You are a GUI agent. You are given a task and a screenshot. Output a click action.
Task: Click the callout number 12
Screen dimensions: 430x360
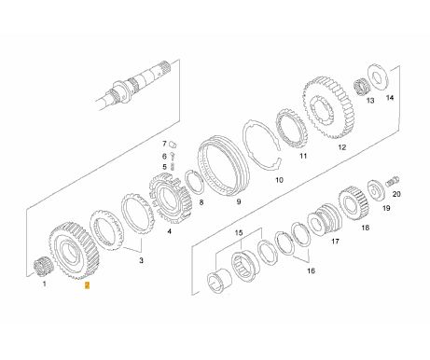click(x=341, y=147)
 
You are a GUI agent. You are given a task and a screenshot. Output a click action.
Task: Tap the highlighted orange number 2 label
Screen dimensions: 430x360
click(x=88, y=285)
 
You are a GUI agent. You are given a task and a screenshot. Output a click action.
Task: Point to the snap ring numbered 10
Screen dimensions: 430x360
click(x=263, y=145)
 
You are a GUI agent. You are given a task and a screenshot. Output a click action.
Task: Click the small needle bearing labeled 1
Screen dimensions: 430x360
click(x=40, y=266)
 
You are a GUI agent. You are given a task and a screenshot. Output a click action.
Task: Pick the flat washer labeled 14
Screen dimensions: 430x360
click(x=378, y=77)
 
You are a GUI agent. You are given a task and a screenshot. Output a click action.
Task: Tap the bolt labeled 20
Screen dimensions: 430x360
click(x=393, y=181)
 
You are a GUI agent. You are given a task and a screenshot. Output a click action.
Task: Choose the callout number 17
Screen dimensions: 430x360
click(x=335, y=242)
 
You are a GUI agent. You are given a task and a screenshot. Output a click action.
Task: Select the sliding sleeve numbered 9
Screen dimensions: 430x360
click(x=223, y=166)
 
